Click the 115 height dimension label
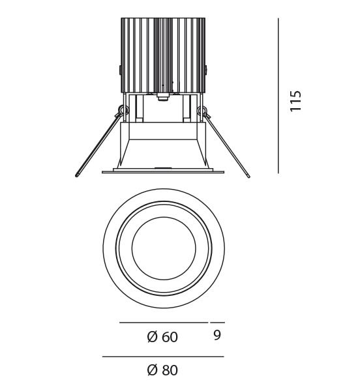point(296,101)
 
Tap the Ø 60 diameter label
point(162,337)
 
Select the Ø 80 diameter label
point(162,369)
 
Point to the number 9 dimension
point(217,335)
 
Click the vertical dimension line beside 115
point(278,96)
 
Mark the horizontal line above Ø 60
point(164,323)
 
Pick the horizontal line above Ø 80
point(163,356)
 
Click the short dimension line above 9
point(218,323)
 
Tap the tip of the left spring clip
point(76,176)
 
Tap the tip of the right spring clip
point(248,177)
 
